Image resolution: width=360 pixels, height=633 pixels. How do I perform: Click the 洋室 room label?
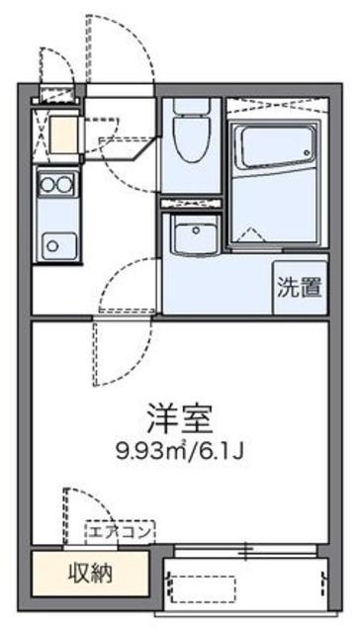(x=179, y=420)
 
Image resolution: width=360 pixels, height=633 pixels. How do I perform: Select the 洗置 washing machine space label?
(x=301, y=288)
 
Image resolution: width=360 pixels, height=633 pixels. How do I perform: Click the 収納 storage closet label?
(x=90, y=572)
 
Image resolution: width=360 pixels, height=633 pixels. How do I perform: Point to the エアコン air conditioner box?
(x=121, y=532)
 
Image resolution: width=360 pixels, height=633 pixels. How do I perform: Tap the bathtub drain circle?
(x=309, y=153)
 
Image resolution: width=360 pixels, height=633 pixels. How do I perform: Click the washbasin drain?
(x=196, y=230)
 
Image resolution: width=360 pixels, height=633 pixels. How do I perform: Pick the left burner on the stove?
(x=48, y=185)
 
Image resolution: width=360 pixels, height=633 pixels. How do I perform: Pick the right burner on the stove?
(x=65, y=185)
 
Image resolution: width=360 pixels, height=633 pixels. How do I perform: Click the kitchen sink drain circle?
(x=52, y=246)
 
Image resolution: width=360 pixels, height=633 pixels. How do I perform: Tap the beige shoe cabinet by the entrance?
(x=63, y=136)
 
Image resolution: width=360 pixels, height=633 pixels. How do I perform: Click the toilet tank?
(x=192, y=106)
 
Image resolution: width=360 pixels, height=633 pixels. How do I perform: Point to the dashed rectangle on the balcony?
(x=203, y=588)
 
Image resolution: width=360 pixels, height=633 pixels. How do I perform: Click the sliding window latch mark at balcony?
(x=246, y=551)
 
